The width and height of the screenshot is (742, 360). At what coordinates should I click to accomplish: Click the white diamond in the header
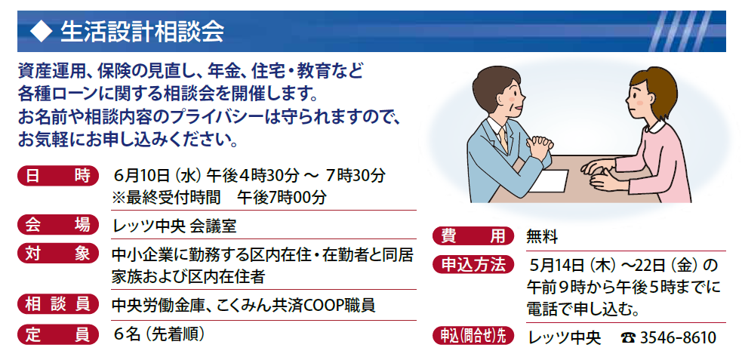click(40, 32)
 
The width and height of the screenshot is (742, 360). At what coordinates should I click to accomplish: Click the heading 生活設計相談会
click(142, 32)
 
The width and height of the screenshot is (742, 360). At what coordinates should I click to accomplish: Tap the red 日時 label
click(57, 176)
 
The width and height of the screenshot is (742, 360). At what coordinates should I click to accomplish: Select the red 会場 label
click(57, 225)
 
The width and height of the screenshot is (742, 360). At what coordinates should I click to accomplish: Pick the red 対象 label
click(57, 254)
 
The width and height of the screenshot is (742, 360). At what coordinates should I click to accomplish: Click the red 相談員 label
click(57, 304)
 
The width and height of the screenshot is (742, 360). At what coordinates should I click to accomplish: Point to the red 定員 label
click(57, 334)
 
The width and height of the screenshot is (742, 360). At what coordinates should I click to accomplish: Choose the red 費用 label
click(473, 235)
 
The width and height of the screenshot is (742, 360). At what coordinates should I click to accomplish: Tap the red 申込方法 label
click(473, 264)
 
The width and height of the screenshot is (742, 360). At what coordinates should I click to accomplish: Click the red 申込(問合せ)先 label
click(473, 336)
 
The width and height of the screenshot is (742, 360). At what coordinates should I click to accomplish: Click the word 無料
click(542, 236)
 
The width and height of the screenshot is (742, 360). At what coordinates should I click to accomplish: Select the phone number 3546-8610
click(678, 338)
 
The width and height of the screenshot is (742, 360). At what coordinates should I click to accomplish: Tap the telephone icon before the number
click(628, 338)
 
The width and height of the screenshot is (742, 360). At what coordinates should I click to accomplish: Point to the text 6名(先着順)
click(159, 334)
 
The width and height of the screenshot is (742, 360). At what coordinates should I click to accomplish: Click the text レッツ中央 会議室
click(174, 226)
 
